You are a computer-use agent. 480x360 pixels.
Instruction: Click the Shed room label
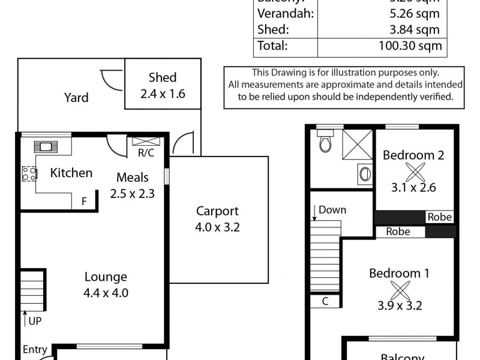[x=162, y=77]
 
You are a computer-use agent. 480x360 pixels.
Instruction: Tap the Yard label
[x=76, y=97]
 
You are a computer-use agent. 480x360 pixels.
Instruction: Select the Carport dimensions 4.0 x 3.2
[x=217, y=227]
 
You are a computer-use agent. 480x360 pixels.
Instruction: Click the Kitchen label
[x=71, y=173]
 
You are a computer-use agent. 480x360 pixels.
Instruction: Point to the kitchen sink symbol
[x=46, y=146]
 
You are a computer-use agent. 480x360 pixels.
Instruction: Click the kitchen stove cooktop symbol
[x=29, y=173]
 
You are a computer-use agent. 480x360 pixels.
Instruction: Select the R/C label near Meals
[x=145, y=153]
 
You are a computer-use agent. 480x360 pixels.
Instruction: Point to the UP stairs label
[x=35, y=321]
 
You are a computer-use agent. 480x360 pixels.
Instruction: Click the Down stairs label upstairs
[x=332, y=210]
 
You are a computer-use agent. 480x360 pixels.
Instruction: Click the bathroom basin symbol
[x=364, y=174]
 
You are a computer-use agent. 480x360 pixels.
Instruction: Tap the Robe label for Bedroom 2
[x=439, y=217]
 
